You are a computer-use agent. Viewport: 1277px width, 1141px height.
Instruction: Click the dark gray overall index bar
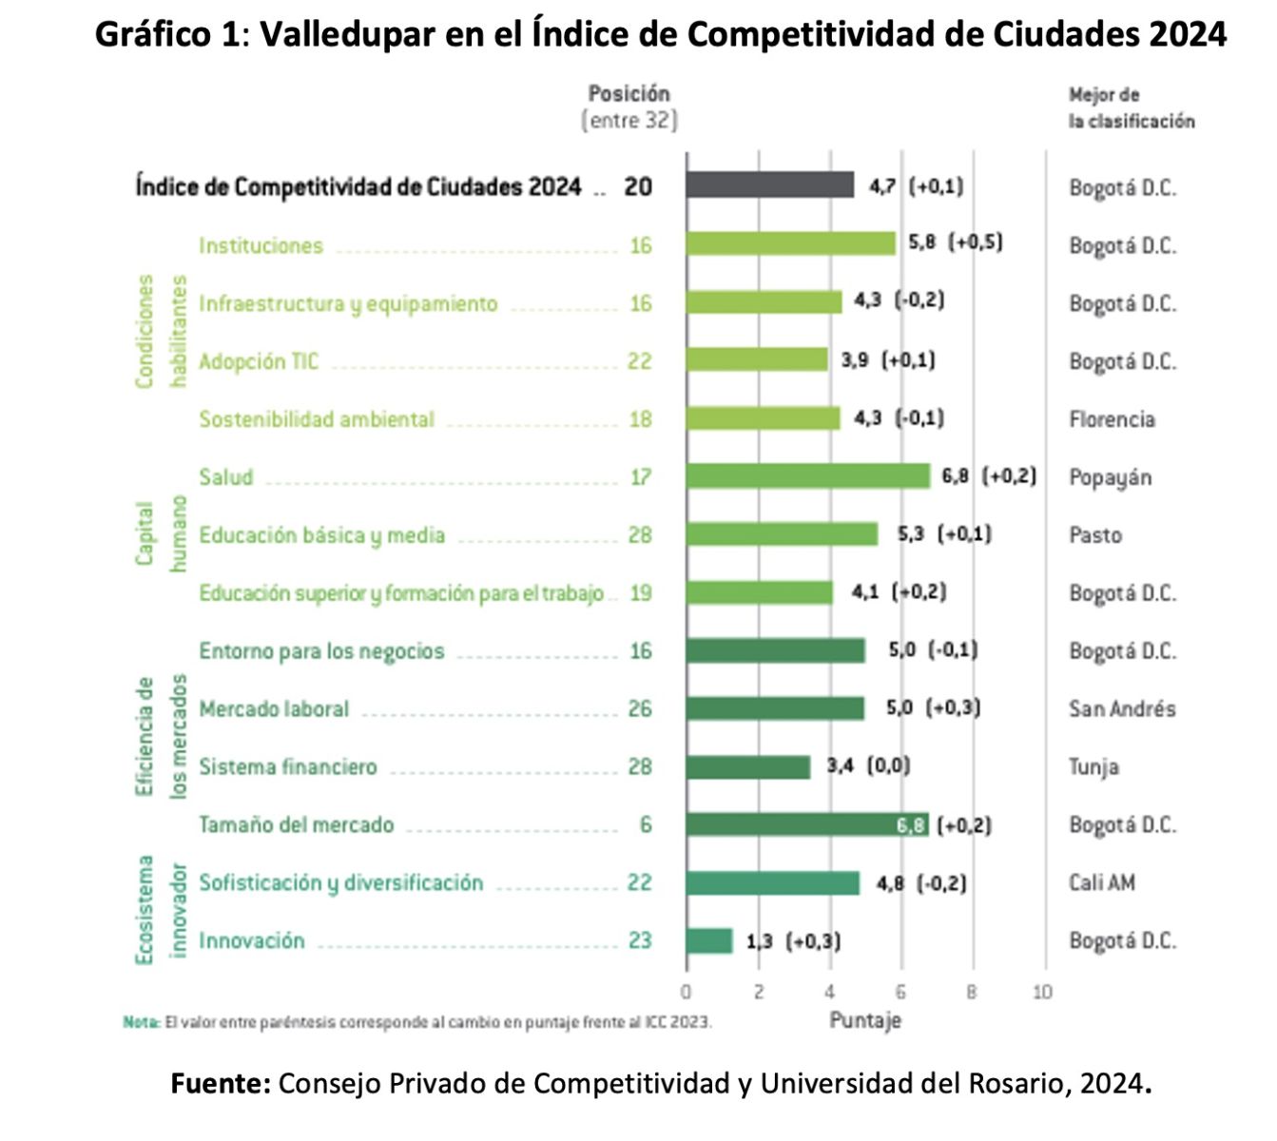pyautogui.click(x=769, y=185)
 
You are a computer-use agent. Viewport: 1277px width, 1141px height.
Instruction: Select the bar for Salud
pyautogui.click(x=807, y=475)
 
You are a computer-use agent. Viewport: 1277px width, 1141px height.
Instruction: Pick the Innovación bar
pyautogui.click(x=708, y=940)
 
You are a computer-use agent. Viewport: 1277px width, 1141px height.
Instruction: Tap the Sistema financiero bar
pyautogui.click(x=747, y=766)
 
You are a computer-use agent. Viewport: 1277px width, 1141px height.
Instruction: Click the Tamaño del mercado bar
pyautogui.click(x=806, y=824)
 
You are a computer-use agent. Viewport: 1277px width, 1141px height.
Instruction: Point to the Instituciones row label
pyautogui.click(x=261, y=245)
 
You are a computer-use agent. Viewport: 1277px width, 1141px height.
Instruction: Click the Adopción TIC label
pyautogui.click(x=259, y=361)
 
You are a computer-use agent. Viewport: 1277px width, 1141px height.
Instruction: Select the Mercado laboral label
pyautogui.click(x=274, y=709)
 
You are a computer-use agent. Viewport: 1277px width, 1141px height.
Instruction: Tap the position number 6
pyautogui.click(x=646, y=824)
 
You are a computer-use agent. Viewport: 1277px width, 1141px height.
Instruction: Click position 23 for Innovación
pyautogui.click(x=640, y=940)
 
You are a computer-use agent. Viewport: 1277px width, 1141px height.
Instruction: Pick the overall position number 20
pyautogui.click(x=638, y=186)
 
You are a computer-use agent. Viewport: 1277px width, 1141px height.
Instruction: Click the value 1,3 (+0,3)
pyautogui.click(x=793, y=941)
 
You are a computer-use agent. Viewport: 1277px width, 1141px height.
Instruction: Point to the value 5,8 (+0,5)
pyautogui.click(x=955, y=242)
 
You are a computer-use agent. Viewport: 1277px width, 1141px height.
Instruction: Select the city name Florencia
pyautogui.click(x=1112, y=419)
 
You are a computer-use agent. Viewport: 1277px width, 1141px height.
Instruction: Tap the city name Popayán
pyautogui.click(x=1110, y=477)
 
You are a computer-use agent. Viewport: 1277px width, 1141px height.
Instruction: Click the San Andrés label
pyautogui.click(x=1122, y=709)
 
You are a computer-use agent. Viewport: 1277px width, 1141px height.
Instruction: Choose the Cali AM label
pyautogui.click(x=1102, y=882)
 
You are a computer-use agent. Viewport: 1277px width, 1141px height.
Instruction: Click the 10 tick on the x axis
pyautogui.click(x=1043, y=992)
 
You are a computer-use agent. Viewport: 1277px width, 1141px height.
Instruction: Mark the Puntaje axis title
pyautogui.click(x=864, y=1020)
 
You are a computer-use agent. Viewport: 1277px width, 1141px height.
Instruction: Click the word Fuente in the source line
pyautogui.click(x=222, y=1083)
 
